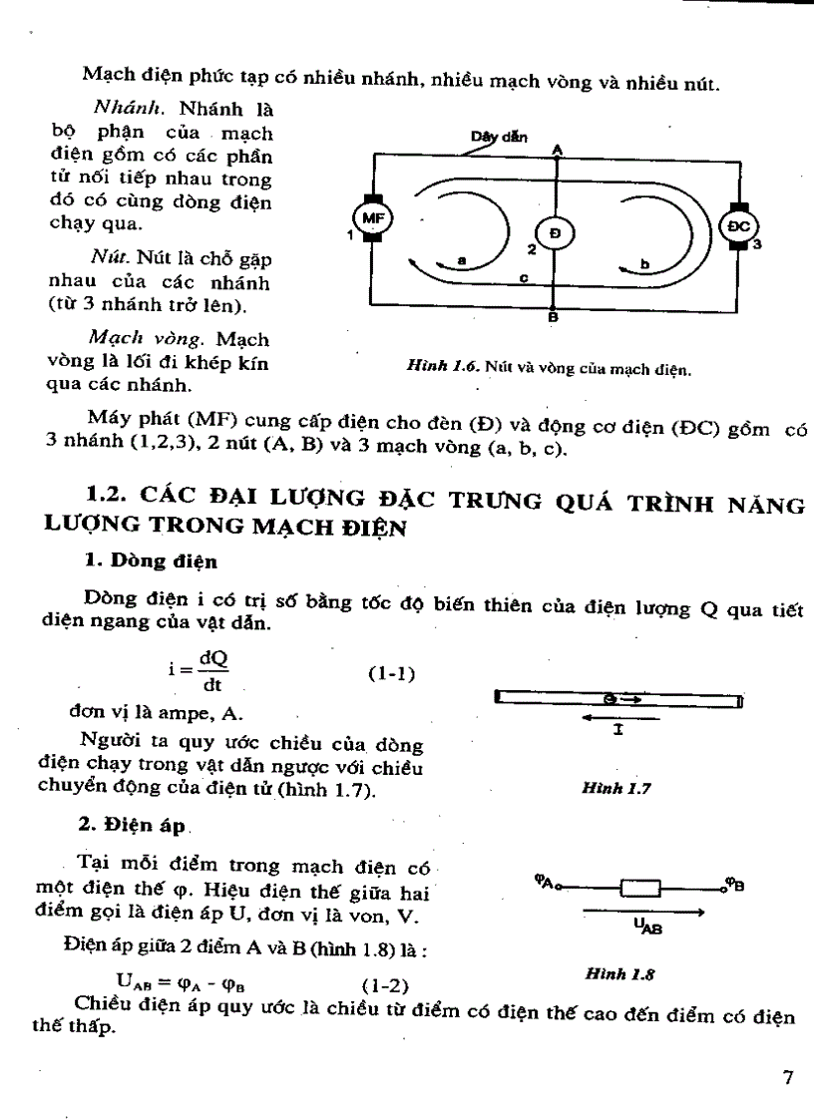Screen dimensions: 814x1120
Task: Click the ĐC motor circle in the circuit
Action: pos(739,226)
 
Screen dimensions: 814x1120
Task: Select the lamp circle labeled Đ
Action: pos(555,232)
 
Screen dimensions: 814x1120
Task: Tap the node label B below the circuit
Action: pos(553,319)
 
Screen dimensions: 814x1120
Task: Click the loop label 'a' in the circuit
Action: pos(462,259)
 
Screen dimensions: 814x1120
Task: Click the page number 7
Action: pos(787,1077)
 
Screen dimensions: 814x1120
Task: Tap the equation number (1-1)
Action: pos(391,674)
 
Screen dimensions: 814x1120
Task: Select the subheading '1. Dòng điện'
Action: pos(151,561)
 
